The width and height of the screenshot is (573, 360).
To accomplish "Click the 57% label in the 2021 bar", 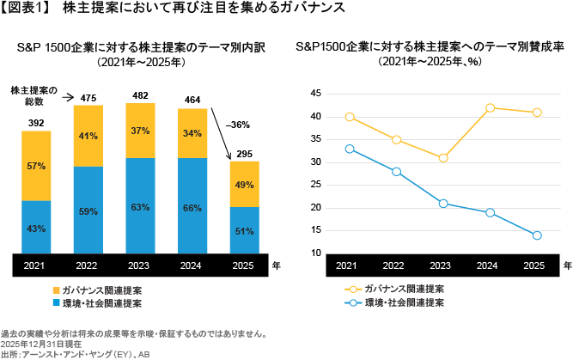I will pos(35,165).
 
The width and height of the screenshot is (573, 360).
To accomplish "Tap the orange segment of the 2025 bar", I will pos(244,184).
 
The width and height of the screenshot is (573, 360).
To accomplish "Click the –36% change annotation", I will pos(237,125).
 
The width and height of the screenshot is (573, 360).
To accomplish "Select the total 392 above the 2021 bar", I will pos(35,123).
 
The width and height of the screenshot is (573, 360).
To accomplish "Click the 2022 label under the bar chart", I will pos(88,266).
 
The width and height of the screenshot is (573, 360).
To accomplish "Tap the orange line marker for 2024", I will pos(490,108).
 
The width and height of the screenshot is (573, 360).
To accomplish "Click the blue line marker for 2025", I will pos(537,235).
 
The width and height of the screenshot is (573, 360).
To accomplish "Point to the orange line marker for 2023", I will pos(442,158).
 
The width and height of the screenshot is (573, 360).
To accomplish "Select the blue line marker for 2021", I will pos(348,149).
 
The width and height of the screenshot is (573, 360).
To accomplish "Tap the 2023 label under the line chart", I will pos(442,266).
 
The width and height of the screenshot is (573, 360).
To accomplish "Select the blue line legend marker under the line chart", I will pos(350,303).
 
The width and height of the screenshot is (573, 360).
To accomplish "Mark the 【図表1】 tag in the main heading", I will pos(27,9).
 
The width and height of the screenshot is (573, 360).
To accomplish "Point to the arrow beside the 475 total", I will pos(68,98).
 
